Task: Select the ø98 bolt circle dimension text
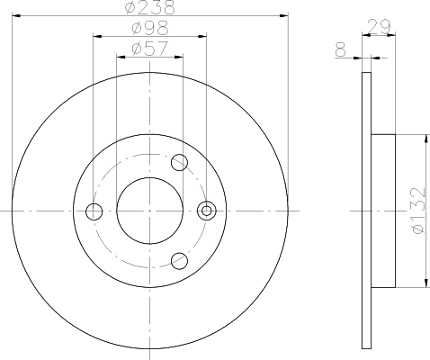point(150,28)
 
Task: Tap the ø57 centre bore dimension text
point(150,49)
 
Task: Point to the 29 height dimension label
point(379,27)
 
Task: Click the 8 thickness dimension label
point(341,49)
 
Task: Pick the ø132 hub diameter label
point(419,211)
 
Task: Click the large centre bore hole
point(149,211)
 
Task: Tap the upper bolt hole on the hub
point(179,162)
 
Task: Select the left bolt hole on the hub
point(94,211)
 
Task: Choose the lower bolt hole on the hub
point(179,261)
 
